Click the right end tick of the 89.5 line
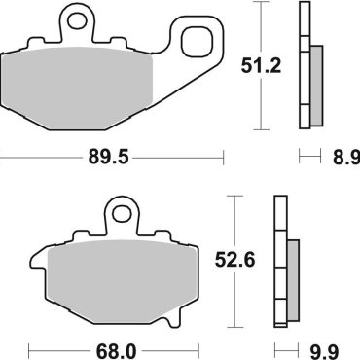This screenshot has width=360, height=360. [225, 155]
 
